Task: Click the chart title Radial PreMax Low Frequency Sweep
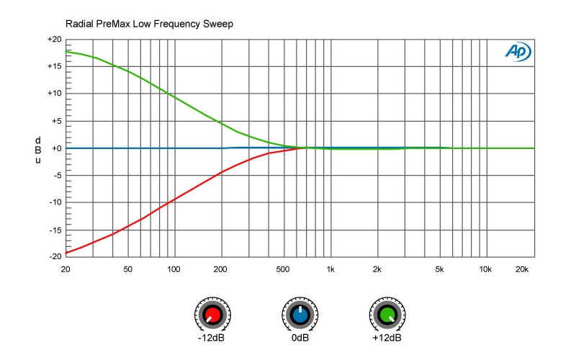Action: point(149,24)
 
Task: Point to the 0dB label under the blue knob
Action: point(300,338)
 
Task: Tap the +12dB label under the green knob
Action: point(387,338)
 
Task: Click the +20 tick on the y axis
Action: point(54,39)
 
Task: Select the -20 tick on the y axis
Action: point(55,256)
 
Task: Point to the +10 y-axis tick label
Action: point(54,94)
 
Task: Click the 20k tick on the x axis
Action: point(522,269)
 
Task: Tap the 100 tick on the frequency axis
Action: point(174,269)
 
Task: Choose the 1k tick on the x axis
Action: point(330,269)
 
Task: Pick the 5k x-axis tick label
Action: point(439,269)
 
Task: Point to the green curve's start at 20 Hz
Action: point(66,51)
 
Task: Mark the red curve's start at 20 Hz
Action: point(66,253)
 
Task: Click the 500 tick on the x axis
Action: point(283,269)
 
